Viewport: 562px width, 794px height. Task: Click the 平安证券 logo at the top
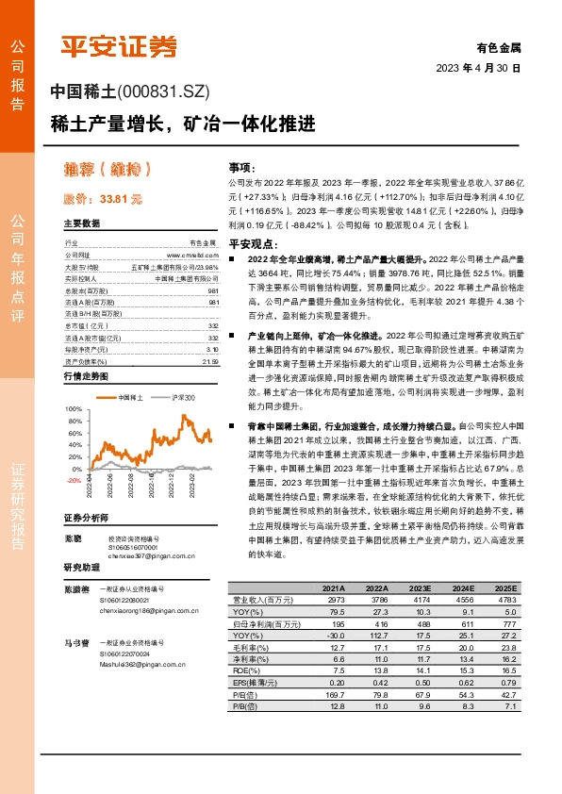tap(119, 46)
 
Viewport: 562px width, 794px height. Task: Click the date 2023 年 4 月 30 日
tap(477, 69)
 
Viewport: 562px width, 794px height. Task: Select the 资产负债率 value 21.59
tap(210, 335)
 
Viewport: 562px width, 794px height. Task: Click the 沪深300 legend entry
tap(181, 372)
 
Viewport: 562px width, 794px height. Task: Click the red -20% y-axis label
tap(74, 480)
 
